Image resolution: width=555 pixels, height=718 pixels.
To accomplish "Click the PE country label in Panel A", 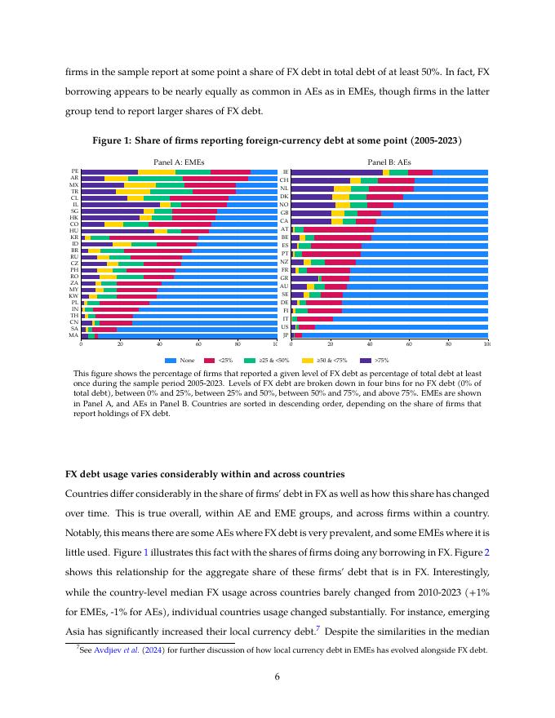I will tap(74, 171).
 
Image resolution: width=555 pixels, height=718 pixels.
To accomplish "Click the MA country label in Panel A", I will tap(74, 335).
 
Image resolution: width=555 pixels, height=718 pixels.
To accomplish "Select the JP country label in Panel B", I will tap(285, 335).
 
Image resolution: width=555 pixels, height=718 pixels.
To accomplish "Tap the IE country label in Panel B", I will tap(285, 172).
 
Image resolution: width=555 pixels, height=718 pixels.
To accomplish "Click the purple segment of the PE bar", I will tap(109, 171).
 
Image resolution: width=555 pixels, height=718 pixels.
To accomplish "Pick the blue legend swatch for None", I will tap(171, 360).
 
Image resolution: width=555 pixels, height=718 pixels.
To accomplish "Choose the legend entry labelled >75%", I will tap(380, 360).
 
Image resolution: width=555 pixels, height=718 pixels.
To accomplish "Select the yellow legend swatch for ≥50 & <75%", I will tap(308, 360).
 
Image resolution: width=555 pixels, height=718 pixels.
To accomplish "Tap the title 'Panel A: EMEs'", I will tap(179, 162).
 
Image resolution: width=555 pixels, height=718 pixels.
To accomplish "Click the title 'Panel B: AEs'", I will tap(389, 162).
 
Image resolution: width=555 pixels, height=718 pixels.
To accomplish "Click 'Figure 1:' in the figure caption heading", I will tap(113, 141).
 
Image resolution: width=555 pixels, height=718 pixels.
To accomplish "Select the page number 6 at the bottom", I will tap(277, 676).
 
